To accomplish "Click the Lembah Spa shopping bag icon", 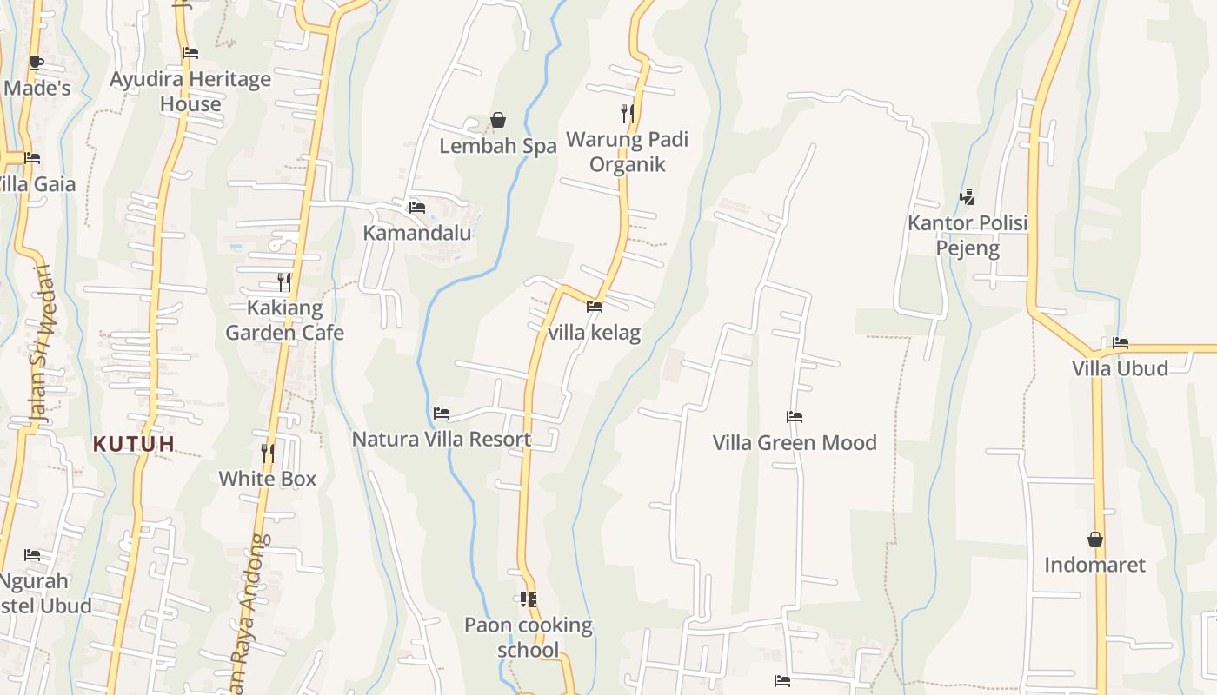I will click(498, 120).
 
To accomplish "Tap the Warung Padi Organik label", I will click(627, 152).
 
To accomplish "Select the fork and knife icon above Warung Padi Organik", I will click(627, 113).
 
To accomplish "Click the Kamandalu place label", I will click(417, 233).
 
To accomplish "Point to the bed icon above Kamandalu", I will click(417, 208).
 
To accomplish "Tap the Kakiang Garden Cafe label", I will click(284, 320).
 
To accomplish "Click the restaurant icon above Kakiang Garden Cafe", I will click(283, 281).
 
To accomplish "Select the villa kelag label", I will click(594, 333).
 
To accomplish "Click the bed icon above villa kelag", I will click(595, 307).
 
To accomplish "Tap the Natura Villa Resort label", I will click(441, 439).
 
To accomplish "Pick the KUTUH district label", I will click(134, 444).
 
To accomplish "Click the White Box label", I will click(267, 479).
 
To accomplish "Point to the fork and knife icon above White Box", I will click(268, 453).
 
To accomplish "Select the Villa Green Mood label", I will click(795, 442).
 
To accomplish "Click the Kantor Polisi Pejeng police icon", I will click(967, 197).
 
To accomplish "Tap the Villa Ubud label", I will click(1120, 367).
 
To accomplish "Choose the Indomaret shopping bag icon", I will click(1095, 539).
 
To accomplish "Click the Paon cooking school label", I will click(528, 637).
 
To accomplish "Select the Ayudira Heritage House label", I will click(190, 91).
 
